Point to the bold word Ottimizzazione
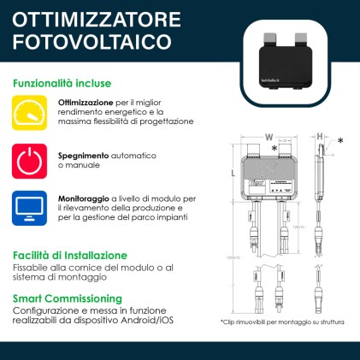coord(86,103)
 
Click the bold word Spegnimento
coord(83,156)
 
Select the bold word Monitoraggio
coord(84,198)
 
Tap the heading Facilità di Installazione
coord(70,255)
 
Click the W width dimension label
coord(268,137)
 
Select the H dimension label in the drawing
coord(319,137)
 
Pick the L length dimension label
coord(233,173)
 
